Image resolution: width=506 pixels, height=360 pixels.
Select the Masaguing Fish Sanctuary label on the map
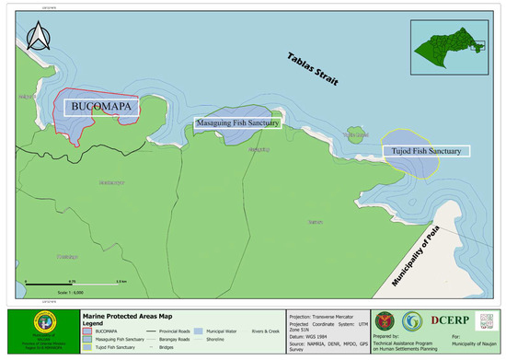tap(236, 122)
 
